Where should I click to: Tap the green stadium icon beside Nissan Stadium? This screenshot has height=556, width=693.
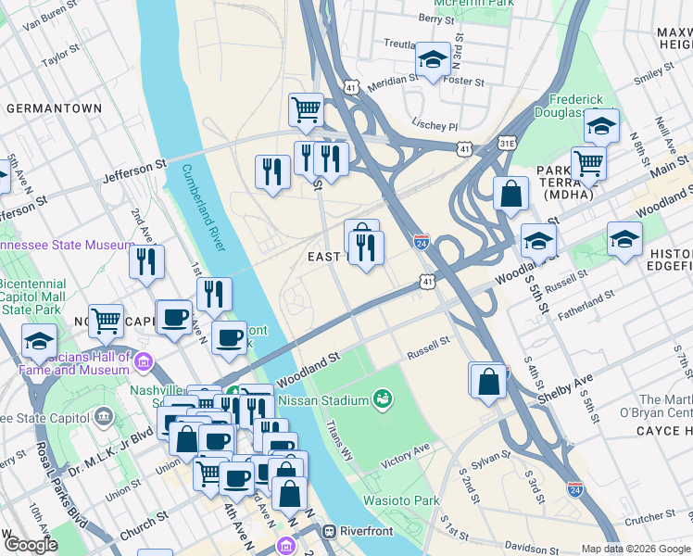[x=380, y=399]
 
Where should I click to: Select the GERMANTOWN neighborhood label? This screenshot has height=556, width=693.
[x=54, y=108]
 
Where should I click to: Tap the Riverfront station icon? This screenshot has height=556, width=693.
[x=328, y=533]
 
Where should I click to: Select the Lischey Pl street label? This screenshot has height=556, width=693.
[x=435, y=125]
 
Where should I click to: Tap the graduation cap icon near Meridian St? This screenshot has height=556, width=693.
[x=432, y=61]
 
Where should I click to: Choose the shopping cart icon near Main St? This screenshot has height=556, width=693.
[x=588, y=164]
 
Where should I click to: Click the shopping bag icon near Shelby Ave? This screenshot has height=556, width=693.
[x=488, y=380]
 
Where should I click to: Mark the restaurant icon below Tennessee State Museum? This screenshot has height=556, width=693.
[x=146, y=262]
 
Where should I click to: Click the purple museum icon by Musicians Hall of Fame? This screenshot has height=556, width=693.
[x=143, y=360]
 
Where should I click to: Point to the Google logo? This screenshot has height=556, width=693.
[x=30, y=545]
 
